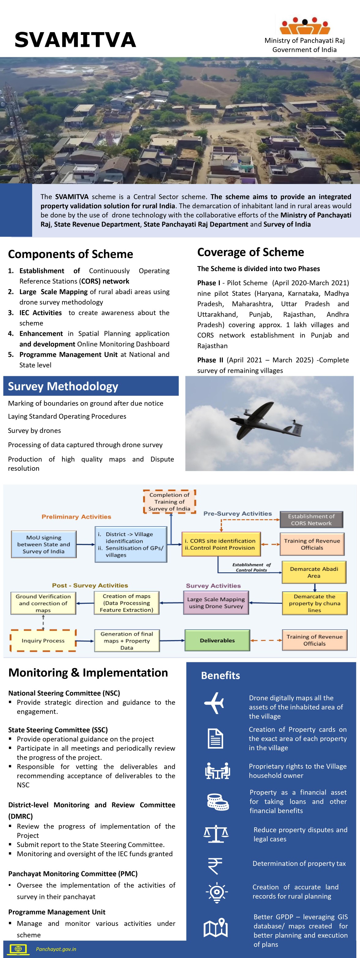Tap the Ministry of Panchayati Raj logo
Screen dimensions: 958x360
(x=305, y=26)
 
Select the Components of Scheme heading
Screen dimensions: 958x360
(x=70, y=254)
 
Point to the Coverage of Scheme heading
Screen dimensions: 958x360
(x=250, y=252)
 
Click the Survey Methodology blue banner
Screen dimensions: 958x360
(x=91, y=386)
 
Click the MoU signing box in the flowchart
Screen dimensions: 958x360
(x=43, y=544)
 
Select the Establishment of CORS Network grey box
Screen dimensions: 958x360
(x=311, y=519)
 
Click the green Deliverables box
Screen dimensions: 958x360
(x=217, y=640)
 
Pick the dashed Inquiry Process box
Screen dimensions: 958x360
(x=43, y=640)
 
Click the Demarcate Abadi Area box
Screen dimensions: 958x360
(x=314, y=572)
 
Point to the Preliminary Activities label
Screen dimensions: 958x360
(x=76, y=517)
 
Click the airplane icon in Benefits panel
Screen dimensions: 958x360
(x=214, y=703)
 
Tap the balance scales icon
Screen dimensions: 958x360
(x=216, y=834)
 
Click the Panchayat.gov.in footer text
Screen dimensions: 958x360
(x=56, y=949)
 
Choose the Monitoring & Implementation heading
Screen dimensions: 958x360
(x=88, y=672)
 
